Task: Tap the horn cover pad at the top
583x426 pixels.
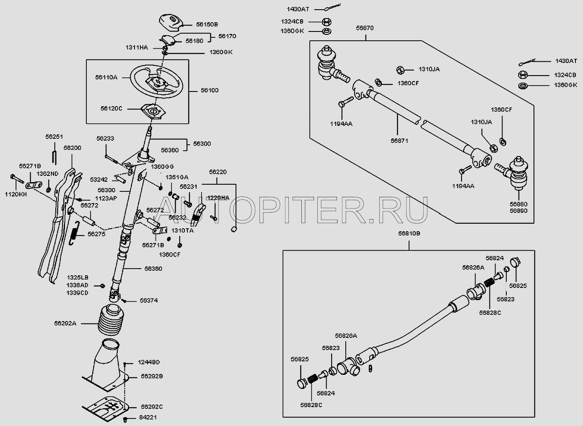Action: tap(170, 22)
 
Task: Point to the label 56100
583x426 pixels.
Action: tap(209, 90)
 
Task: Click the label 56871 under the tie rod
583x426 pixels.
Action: tap(399, 141)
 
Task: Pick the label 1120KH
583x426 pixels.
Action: tap(15, 194)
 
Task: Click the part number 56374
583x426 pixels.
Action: tap(149, 301)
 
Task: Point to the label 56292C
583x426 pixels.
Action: tap(152, 407)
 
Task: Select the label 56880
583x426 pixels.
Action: tap(518, 204)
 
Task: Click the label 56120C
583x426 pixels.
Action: tap(111, 108)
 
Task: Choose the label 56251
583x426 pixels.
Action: tap(54, 137)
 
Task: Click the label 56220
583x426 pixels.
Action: tap(218, 172)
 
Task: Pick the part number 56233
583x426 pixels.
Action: tap(105, 138)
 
